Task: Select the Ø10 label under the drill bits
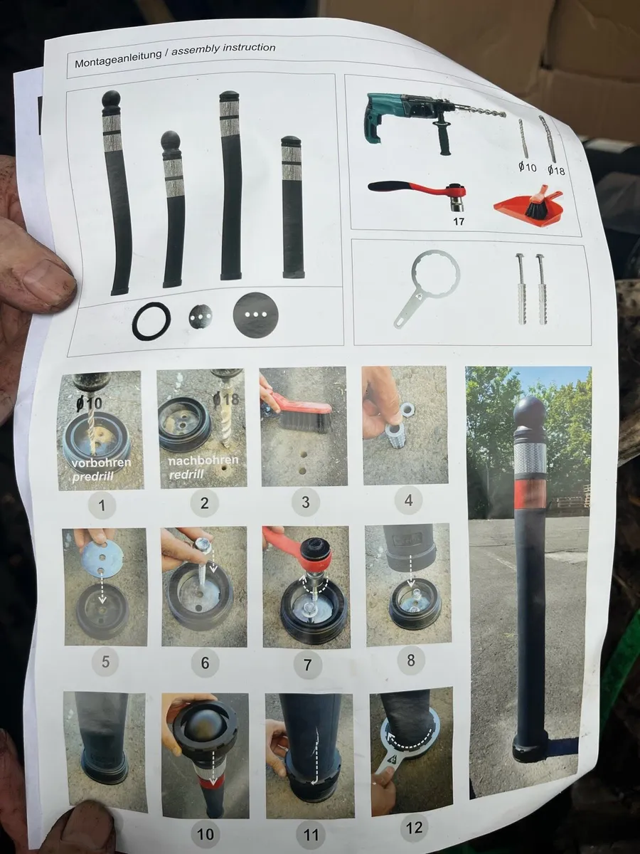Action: [528, 167]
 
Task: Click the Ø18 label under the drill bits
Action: [556, 169]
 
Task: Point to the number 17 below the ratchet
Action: [459, 221]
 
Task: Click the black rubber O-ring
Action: [151, 320]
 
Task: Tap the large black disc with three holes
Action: [257, 315]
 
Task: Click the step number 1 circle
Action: [102, 505]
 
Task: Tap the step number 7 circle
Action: [307, 664]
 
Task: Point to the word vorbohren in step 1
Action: [102, 463]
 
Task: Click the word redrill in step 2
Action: [186, 475]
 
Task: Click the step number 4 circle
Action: [408, 501]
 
